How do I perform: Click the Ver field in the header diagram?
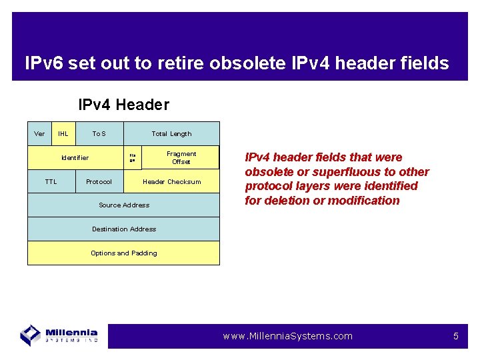tap(39, 133)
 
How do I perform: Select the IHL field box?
tap(63, 133)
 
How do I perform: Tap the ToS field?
tap(99, 133)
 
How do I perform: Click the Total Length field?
tap(171, 133)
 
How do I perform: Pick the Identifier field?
tap(75, 158)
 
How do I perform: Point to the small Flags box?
tap(133, 158)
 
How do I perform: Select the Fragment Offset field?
tap(181, 157)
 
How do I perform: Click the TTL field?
tap(51, 181)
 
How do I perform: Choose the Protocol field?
tap(99, 181)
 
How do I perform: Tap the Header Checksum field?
tap(171, 181)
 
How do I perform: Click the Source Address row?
tap(123, 205)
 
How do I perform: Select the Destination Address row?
tap(123, 229)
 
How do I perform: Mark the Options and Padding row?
tap(123, 253)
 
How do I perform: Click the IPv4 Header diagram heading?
tap(123, 105)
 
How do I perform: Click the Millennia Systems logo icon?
tap(31, 334)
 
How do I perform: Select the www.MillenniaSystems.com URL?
tap(287, 336)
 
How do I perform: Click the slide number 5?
tap(456, 336)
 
